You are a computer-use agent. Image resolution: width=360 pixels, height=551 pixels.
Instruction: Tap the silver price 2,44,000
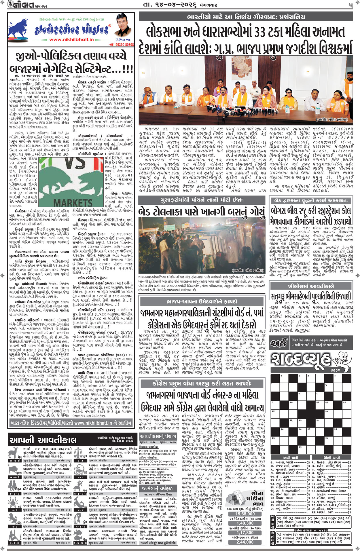[x=245, y=542]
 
